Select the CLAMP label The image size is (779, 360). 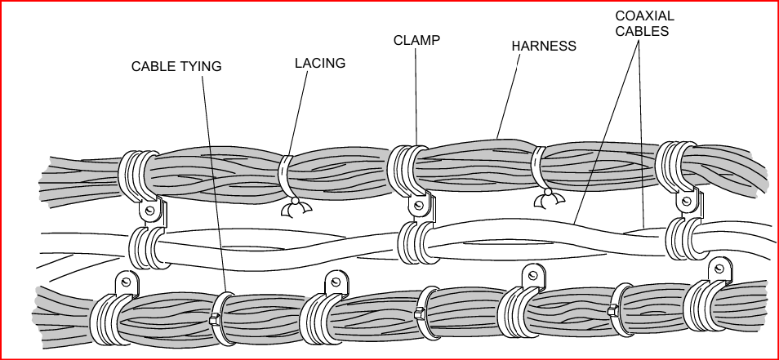(416, 40)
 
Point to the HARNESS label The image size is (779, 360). (544, 47)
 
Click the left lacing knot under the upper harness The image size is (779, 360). (292, 209)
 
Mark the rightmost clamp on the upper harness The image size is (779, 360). (677, 167)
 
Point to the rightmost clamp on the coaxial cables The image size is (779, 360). (683, 239)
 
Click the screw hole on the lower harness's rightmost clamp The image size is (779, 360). (719, 268)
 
